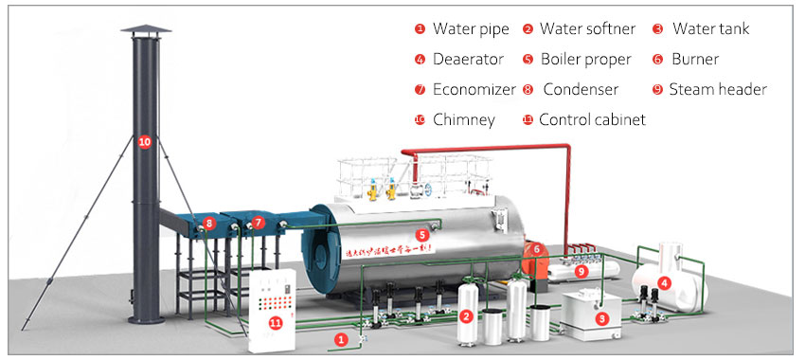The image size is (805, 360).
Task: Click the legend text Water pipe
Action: click(471, 28)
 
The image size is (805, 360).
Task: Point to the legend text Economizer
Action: click(474, 90)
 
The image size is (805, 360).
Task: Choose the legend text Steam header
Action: click(717, 90)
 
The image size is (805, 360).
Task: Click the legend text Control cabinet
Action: click(592, 120)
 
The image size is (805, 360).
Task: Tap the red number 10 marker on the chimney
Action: click(144, 142)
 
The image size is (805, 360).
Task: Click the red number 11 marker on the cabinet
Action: click(276, 323)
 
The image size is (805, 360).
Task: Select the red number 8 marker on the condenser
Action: click(209, 225)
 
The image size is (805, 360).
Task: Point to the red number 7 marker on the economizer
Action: click(259, 224)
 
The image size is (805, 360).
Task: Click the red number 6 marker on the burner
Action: click(536, 249)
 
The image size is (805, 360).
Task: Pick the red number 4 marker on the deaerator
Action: click(665, 281)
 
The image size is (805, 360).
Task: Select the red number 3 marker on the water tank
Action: click(600, 319)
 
